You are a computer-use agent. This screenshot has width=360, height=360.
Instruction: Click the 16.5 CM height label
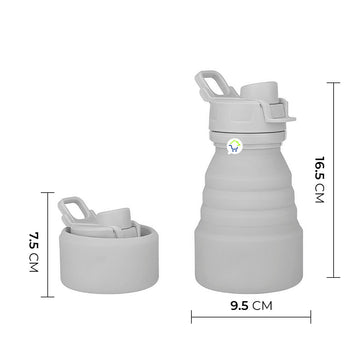pos(319,180)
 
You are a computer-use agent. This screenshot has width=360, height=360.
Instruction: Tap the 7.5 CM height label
pos(34,252)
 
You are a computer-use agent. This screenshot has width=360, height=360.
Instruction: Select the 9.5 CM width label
pos(251,306)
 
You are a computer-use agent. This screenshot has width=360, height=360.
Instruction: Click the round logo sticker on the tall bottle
pos(234,146)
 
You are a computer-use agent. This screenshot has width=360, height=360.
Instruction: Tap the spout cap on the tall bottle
pos(259,91)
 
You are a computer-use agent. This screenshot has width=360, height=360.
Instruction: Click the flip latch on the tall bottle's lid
pos(280,110)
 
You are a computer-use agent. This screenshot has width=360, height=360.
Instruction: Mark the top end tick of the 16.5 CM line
pos(333,82)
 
